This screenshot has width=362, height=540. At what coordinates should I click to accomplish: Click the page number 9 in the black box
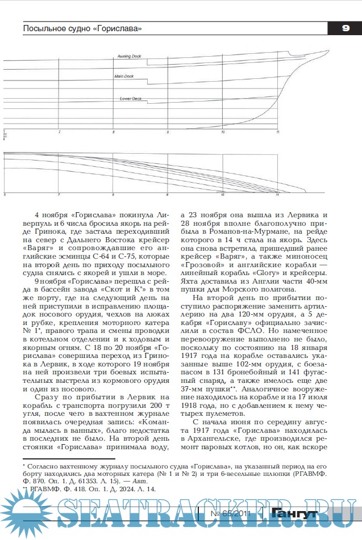point(345,28)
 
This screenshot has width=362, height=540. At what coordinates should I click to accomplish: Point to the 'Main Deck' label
point(124,76)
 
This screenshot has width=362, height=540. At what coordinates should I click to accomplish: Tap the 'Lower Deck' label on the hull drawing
point(130,99)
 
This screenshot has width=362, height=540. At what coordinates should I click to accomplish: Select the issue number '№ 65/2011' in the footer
point(230,513)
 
